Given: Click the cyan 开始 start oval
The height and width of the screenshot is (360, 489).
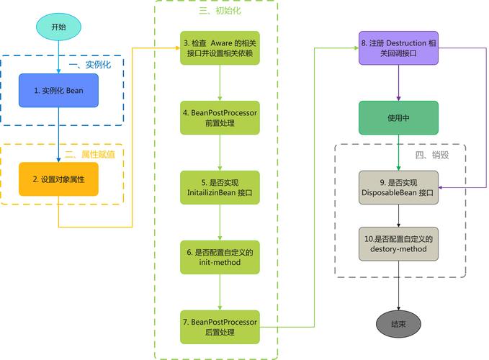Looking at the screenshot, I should [x=58, y=27].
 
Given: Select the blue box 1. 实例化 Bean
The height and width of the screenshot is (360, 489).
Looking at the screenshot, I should [x=58, y=91].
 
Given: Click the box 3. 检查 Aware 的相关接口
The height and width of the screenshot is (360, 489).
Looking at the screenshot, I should [x=219, y=48].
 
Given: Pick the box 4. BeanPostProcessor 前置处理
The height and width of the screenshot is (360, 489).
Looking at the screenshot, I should [x=219, y=117].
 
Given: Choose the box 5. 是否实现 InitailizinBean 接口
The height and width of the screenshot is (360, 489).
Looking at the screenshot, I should [x=219, y=188].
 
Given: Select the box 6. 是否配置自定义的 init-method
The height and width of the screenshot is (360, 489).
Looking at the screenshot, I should [x=219, y=258].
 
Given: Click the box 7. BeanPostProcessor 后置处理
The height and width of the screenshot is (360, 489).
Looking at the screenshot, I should [x=219, y=327].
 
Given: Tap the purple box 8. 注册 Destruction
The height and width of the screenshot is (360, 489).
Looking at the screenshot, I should [x=398, y=48].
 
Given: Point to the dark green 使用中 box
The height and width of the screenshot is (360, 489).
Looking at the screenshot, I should [x=398, y=117].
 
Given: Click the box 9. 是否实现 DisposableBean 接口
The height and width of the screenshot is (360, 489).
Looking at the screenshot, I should [x=398, y=187].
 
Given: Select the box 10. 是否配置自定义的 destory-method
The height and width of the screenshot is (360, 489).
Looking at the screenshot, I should [x=398, y=243].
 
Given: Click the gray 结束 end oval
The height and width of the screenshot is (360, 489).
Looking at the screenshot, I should [x=398, y=324].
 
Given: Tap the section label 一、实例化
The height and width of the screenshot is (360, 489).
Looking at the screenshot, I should [x=90, y=65].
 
